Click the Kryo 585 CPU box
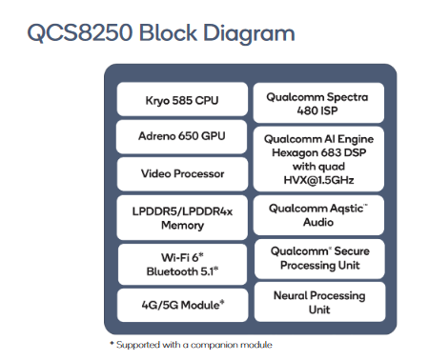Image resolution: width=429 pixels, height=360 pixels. pyautogui.click(x=182, y=99)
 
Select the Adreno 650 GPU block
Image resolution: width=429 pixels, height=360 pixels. pyautogui.click(x=182, y=136)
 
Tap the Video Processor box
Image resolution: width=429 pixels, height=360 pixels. pyautogui.click(x=182, y=174)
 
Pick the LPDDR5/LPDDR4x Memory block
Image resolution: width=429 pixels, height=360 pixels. pyautogui.click(x=182, y=217)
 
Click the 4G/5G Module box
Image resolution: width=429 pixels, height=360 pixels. pyautogui.click(x=182, y=305)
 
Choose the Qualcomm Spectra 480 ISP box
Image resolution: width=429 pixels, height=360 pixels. pyautogui.click(x=318, y=103)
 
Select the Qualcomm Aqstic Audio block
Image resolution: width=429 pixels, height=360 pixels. pyautogui.click(x=318, y=215)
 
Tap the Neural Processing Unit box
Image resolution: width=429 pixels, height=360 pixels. pyautogui.click(x=320, y=302)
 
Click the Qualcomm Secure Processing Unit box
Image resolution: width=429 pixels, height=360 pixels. pyautogui.click(x=319, y=259)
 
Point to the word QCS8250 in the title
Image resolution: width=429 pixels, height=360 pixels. pyautogui.click(x=80, y=32)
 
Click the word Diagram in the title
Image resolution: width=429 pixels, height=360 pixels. pyautogui.click(x=249, y=33)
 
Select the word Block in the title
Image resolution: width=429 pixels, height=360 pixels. pyautogui.click(x=168, y=32)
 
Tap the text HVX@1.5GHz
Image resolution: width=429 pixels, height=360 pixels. pyautogui.click(x=318, y=180)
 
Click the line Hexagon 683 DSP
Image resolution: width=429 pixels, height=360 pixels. pyautogui.click(x=319, y=152)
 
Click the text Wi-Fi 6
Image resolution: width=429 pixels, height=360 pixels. pyautogui.click(x=180, y=257)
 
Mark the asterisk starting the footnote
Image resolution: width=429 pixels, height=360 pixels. pyautogui.click(x=112, y=343)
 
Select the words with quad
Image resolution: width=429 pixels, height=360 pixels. pyautogui.click(x=318, y=167)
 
